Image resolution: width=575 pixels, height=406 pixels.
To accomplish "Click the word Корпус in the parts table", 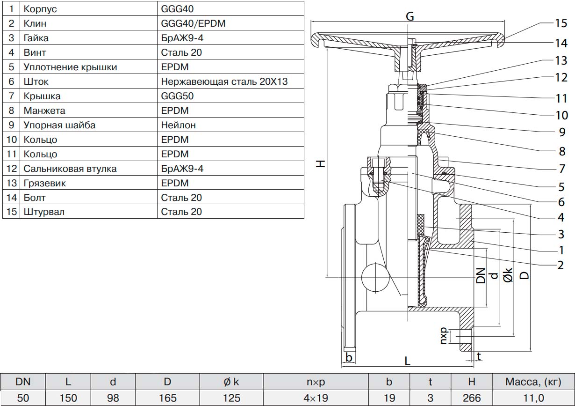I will click(41, 8).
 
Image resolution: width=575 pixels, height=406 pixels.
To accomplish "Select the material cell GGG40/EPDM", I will click(193, 23).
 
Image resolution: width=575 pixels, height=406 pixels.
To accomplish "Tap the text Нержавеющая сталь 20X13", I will click(224, 81).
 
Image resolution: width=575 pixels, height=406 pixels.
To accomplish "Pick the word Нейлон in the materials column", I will click(179, 125).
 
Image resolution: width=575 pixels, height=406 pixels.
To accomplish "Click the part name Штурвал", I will click(44, 212).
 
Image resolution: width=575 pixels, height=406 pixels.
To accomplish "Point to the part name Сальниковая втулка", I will click(70, 168).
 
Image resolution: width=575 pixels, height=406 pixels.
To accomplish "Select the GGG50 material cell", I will click(177, 96).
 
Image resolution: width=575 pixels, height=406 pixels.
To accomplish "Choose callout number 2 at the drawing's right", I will click(560, 265).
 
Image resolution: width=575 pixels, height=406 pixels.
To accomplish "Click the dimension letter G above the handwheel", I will click(410, 16).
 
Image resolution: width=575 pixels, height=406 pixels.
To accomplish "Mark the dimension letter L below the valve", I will click(407, 361).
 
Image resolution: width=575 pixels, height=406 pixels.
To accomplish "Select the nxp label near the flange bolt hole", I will click(444, 336).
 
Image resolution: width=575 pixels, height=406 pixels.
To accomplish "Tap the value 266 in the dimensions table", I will click(471, 398).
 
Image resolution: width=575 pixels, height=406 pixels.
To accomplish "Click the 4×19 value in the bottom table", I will click(316, 398).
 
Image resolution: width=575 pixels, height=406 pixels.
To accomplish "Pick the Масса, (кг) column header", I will click(533, 382).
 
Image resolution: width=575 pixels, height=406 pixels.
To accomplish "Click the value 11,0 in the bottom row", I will click(533, 398).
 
